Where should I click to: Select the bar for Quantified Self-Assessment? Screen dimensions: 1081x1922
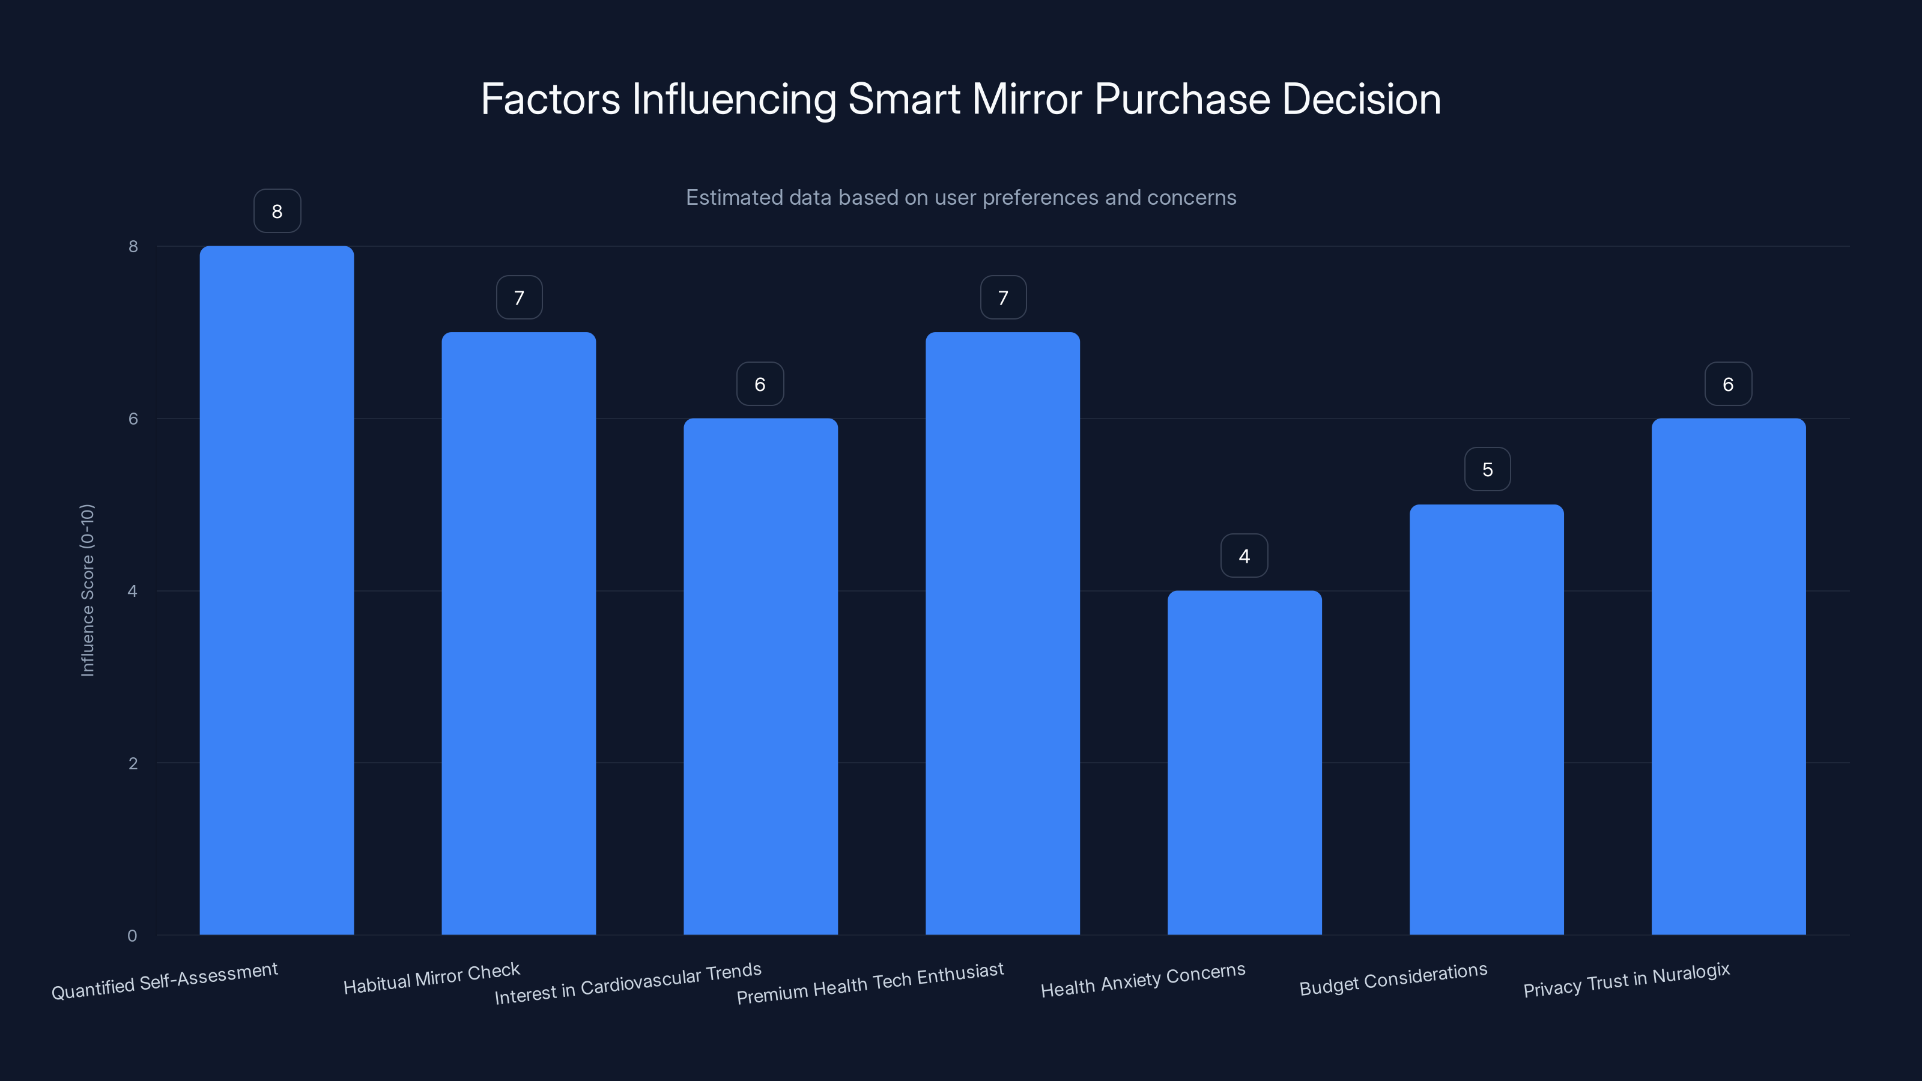pos(277,589)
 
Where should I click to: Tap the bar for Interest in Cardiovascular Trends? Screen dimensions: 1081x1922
pos(760,676)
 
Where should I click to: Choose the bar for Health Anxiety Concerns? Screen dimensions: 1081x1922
pos(1244,762)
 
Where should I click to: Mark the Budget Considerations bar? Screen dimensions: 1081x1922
pos(1487,719)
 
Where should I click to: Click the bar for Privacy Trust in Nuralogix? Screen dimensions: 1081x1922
pos(1728,676)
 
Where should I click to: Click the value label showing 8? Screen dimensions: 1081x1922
pos(277,211)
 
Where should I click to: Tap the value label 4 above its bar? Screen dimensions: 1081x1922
pos(1244,556)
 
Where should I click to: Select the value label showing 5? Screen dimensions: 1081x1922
pos(1487,469)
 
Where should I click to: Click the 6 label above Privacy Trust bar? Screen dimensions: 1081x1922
pos(1728,384)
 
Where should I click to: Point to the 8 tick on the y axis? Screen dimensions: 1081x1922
pos(133,246)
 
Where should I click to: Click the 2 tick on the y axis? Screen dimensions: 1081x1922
pos(133,763)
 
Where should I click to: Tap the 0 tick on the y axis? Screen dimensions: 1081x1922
pos(133,936)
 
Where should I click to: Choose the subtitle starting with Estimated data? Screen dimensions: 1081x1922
pos(961,198)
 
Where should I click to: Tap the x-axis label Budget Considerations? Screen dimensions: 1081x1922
pos(1393,980)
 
